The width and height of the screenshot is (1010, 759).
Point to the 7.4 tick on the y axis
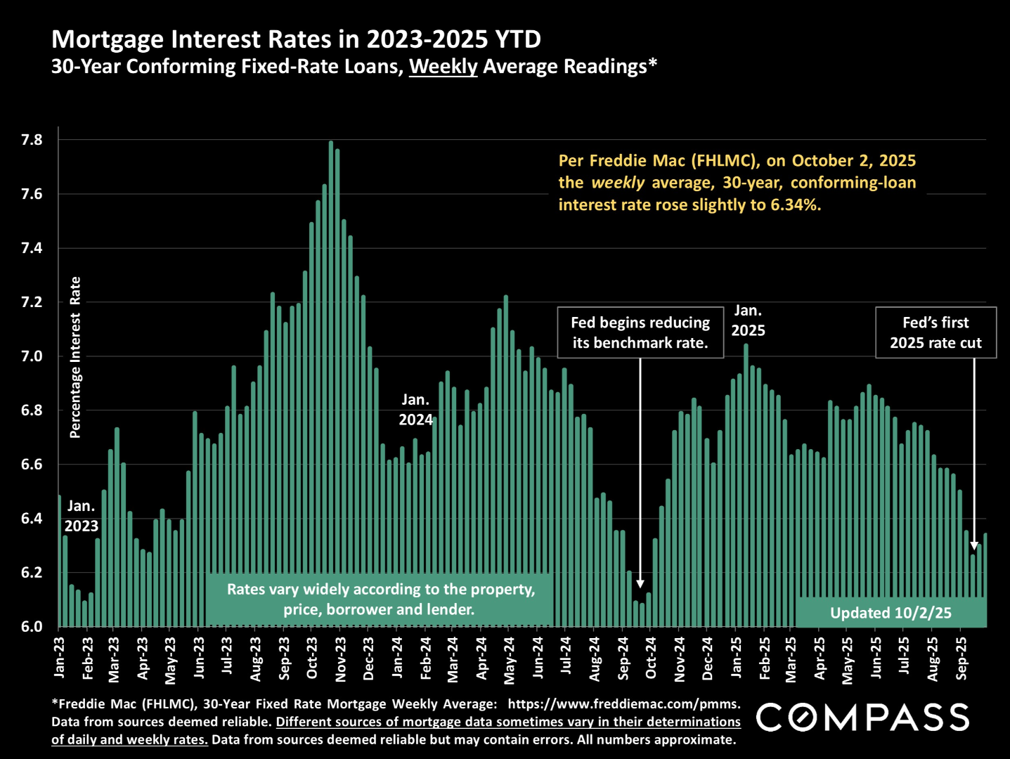click(x=32, y=248)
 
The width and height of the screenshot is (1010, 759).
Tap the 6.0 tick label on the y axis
click(x=32, y=626)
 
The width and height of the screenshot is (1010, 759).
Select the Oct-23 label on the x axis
click(x=312, y=658)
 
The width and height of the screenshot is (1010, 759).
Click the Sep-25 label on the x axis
click(x=962, y=658)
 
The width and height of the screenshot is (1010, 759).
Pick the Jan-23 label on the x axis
click(x=59, y=658)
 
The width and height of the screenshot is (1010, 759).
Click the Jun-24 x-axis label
click(x=538, y=658)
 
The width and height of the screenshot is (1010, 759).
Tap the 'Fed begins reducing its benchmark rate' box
click(x=640, y=332)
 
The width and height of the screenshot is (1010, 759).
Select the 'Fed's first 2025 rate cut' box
click(x=935, y=332)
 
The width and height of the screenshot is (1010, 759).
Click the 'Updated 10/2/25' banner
click(x=891, y=613)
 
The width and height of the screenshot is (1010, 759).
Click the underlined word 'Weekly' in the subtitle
click(x=443, y=67)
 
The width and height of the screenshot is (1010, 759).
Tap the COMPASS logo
click(x=862, y=718)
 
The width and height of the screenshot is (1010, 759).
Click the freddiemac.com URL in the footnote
click(x=623, y=704)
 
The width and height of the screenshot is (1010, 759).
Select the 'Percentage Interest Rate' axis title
click(x=75, y=357)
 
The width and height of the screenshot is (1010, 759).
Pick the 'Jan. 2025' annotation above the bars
click(x=748, y=320)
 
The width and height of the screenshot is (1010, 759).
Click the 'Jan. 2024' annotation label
click(x=415, y=410)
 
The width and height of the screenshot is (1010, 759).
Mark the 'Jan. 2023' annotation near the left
click(x=81, y=516)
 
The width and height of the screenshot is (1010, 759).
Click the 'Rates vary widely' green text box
click(x=380, y=599)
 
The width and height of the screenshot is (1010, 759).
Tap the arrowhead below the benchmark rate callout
click(x=640, y=584)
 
